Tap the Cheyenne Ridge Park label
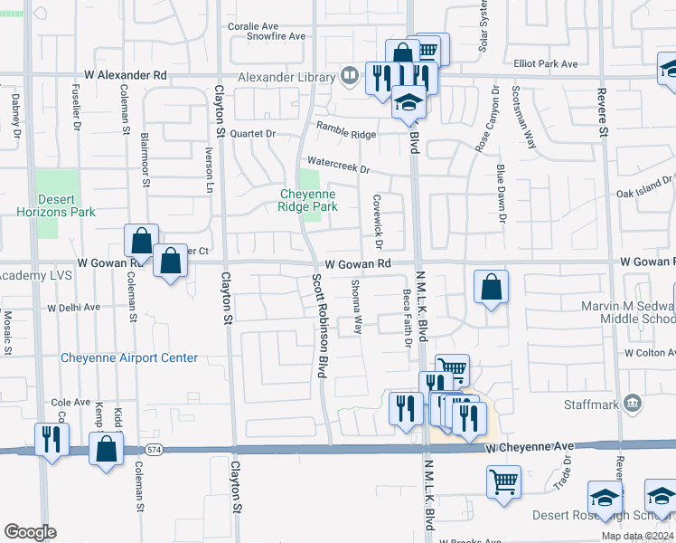point(308,200)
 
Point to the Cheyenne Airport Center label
point(129,357)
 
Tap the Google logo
point(30,532)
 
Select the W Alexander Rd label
point(126,75)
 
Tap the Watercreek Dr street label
point(339,168)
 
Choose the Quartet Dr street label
point(252,132)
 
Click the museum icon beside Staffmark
point(633,401)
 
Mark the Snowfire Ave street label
point(277,36)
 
